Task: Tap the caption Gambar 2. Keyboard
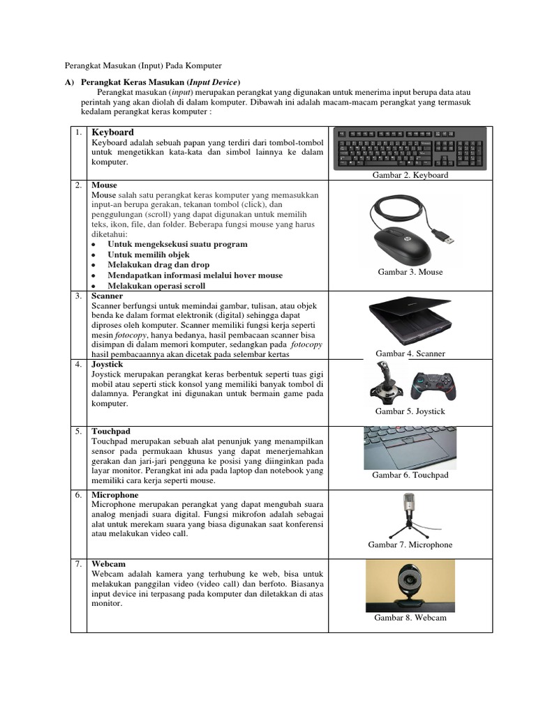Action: tap(410, 175)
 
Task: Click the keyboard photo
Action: tap(410, 148)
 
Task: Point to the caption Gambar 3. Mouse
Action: tap(410, 272)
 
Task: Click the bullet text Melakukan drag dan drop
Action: tap(158, 265)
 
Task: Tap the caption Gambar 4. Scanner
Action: tap(410, 354)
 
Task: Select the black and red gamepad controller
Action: tap(431, 386)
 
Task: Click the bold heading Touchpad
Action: tap(111, 432)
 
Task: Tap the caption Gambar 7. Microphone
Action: tap(410, 545)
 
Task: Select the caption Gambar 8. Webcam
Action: tap(410, 618)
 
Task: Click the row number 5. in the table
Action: tap(79, 432)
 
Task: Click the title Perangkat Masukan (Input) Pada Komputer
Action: tap(143, 66)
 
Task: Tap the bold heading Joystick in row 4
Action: tap(107, 364)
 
